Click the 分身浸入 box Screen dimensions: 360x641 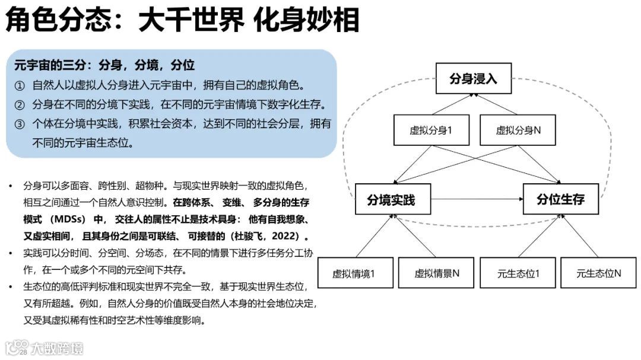[x=472, y=78]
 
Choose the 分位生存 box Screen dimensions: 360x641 [x=560, y=200]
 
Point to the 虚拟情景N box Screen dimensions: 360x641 [x=437, y=273]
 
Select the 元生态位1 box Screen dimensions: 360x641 [x=518, y=273]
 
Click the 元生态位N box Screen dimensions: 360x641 [x=598, y=273]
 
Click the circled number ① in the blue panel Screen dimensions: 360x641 [x=20, y=85]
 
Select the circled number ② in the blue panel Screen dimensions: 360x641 [x=20, y=105]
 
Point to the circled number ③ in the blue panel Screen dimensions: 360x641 [x=20, y=125]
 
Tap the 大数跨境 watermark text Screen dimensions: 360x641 [x=58, y=348]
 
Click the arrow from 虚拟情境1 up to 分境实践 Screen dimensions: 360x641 [x=374, y=236]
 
